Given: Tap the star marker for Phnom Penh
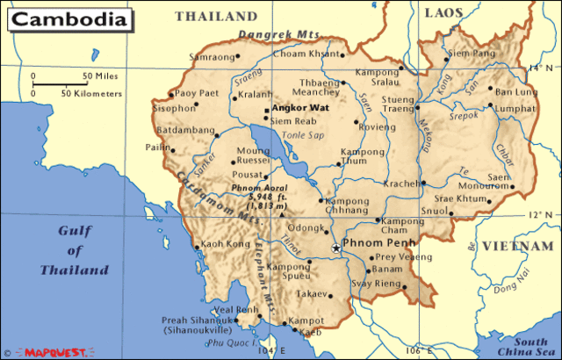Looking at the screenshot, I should click(x=335, y=249).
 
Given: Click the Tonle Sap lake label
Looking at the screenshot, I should click(x=302, y=134).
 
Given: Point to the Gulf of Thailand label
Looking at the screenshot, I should click(x=73, y=250).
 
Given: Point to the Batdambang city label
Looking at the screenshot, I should click(x=185, y=130).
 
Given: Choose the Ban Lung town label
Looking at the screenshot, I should click(x=515, y=91).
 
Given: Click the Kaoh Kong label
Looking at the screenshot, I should click(x=220, y=243).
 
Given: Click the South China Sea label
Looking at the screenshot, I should click(x=530, y=346).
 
